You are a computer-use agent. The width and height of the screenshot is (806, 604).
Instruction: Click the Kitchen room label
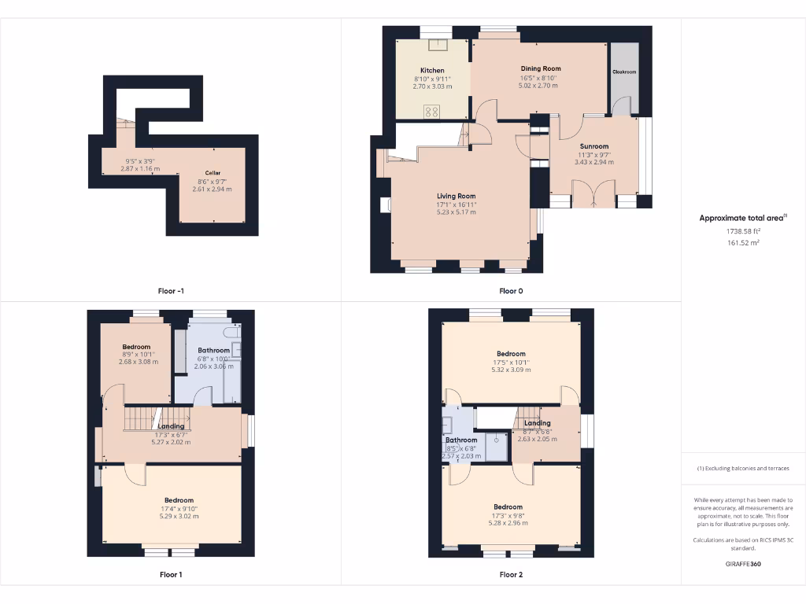click(x=432, y=71)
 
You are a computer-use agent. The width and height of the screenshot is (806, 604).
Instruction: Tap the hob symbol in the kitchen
click(x=432, y=111)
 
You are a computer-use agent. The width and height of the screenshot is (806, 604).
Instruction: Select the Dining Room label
click(x=540, y=69)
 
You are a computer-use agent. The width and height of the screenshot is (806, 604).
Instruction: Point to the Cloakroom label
click(x=624, y=72)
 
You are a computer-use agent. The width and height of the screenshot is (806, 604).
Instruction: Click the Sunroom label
click(x=594, y=146)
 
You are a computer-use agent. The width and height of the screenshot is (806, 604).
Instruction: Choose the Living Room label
click(x=457, y=196)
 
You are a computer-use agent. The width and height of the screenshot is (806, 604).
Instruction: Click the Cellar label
click(x=213, y=173)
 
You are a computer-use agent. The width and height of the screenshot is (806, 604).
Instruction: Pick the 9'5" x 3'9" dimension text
click(x=139, y=161)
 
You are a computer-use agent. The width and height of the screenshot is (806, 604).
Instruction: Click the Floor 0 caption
click(x=511, y=291)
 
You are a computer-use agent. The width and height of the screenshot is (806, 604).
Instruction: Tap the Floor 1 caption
click(x=171, y=574)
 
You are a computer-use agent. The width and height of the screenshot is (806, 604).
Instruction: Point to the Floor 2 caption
click(x=511, y=574)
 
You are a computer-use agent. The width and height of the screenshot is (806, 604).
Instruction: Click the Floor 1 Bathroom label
click(x=213, y=351)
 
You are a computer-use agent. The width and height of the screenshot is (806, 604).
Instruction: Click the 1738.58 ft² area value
click(x=743, y=231)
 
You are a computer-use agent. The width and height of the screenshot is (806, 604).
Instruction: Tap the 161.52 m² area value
click(x=743, y=243)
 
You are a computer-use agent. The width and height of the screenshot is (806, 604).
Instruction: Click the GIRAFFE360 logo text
click(x=743, y=564)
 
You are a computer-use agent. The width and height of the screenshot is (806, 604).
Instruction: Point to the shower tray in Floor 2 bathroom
click(x=497, y=445)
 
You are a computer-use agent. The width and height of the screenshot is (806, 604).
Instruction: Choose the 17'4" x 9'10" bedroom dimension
click(x=179, y=508)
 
